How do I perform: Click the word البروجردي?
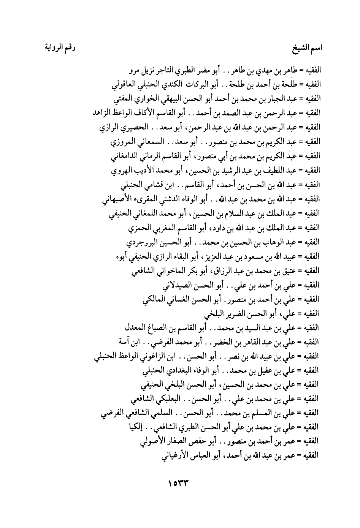pyautogui.click(x=140, y=242)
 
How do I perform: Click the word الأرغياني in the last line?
pyautogui.click(x=177, y=455)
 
